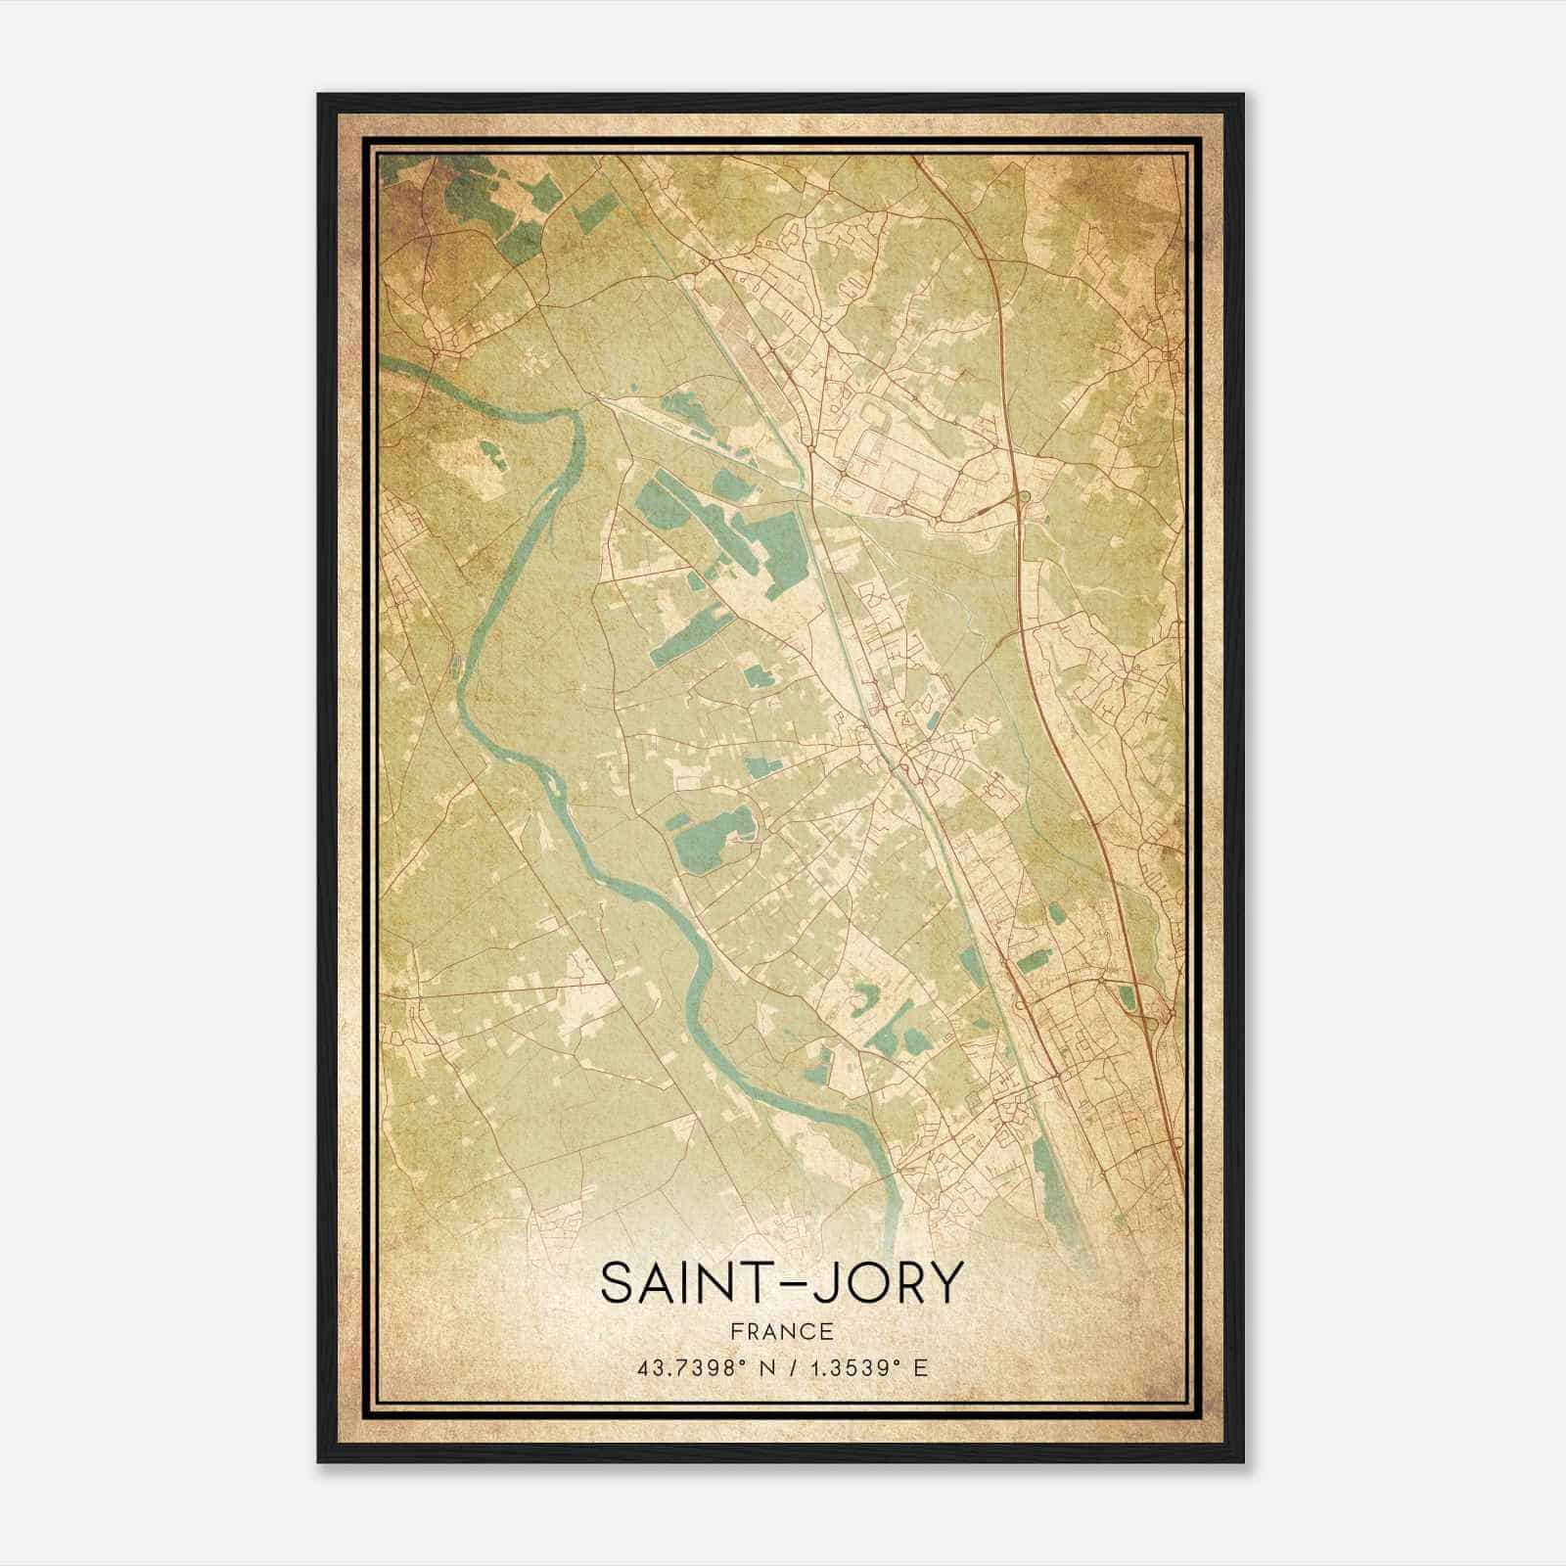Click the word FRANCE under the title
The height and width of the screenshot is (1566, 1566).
[x=783, y=1331]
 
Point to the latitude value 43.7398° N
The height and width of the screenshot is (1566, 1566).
[x=701, y=1368]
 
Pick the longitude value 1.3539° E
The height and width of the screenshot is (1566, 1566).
[x=867, y=1368]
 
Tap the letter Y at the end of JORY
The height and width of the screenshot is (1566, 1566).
[x=945, y=1283]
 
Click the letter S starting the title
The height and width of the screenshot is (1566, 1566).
[x=618, y=1283]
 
